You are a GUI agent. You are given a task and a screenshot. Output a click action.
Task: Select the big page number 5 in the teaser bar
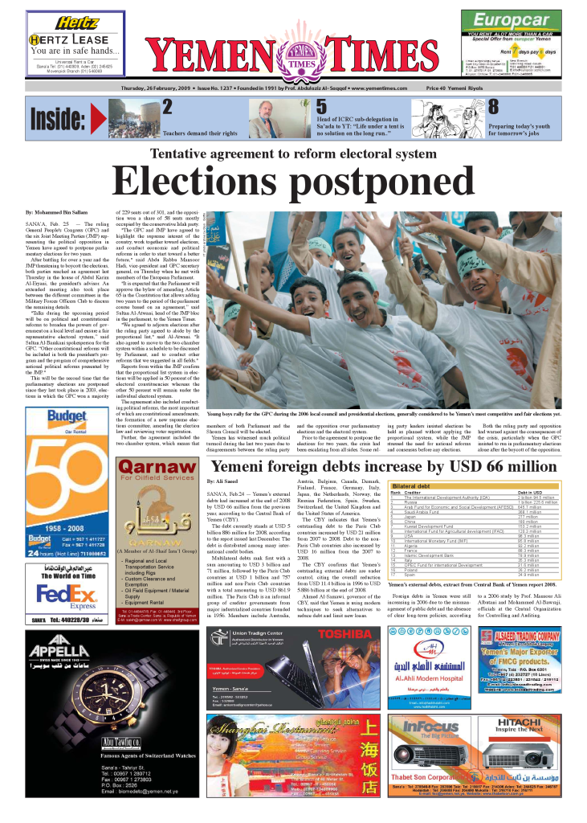pos(321,107)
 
